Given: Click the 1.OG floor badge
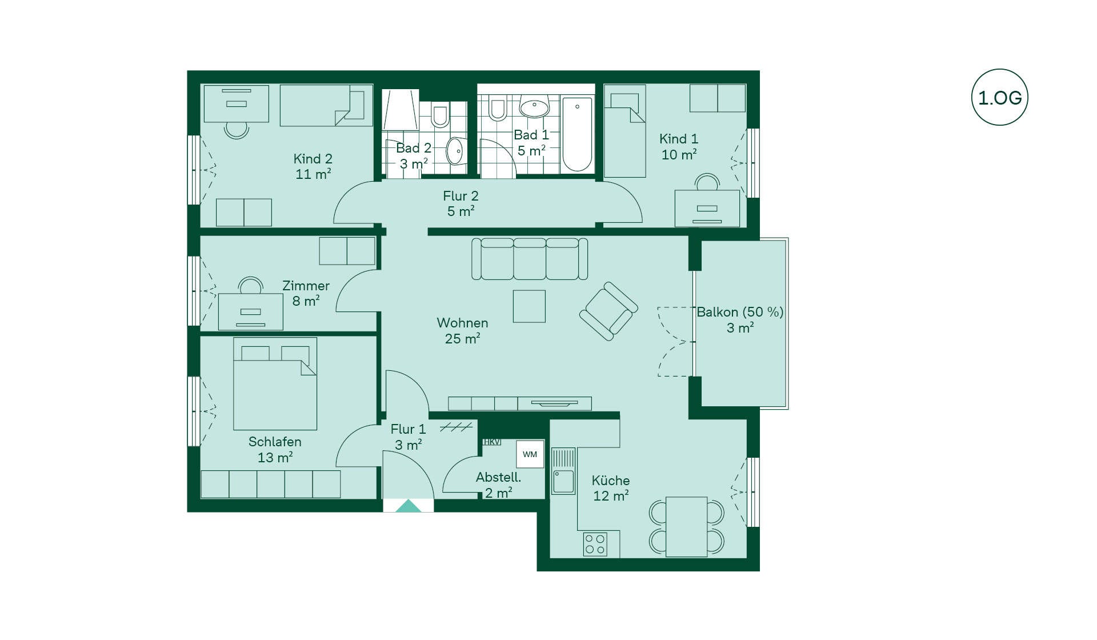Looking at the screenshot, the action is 1000,97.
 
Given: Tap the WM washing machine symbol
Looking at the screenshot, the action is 530,454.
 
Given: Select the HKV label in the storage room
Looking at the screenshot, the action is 491,442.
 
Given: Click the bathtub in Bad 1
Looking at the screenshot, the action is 577,134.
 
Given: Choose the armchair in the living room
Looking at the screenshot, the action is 608,311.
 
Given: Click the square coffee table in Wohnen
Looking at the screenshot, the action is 529,306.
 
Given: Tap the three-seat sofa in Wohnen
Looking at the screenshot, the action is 530,259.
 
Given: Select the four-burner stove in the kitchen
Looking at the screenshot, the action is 595,544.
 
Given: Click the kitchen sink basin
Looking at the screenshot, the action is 563,481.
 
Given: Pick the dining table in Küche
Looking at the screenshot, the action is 687,527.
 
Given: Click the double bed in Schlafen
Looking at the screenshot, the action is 275,383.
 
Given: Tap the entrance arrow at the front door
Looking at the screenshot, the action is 408,506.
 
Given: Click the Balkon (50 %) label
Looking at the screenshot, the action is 740,312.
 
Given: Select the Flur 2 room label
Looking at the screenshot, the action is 461,203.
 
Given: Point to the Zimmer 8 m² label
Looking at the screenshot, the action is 306,293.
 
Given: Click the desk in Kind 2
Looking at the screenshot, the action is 236,103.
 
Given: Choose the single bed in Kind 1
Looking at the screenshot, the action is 625,131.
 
